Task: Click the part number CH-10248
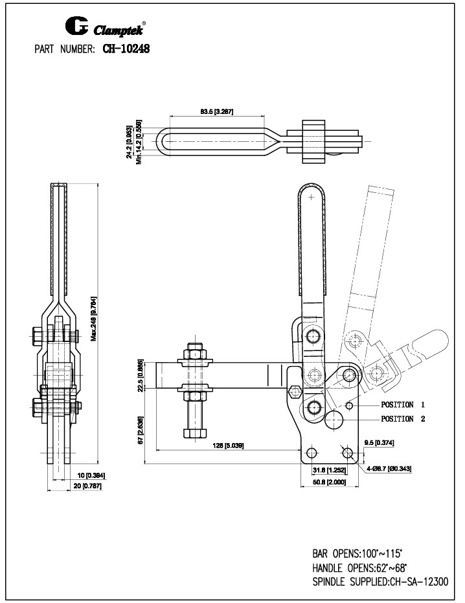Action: [126, 49]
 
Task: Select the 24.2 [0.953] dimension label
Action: [130, 141]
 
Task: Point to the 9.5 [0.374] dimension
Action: [380, 442]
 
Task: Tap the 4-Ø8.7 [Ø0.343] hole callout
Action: [389, 468]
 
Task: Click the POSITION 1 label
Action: [402, 405]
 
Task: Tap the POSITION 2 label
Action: [402, 419]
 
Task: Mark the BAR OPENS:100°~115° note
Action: [359, 554]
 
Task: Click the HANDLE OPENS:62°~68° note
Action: [359, 568]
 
